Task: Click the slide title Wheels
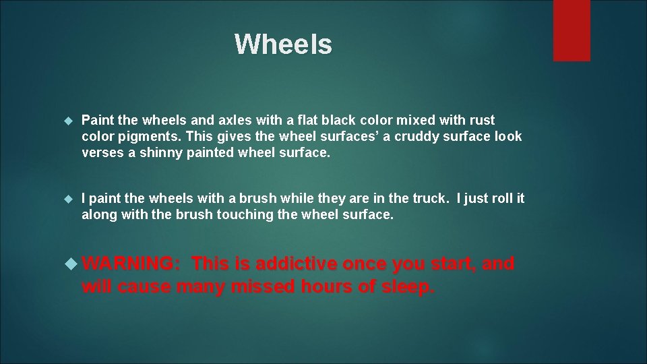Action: pyautogui.click(x=283, y=44)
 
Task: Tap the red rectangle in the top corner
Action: pyautogui.click(x=572, y=30)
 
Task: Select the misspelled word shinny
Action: pyautogui.click(x=158, y=152)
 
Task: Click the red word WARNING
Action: pyautogui.click(x=131, y=264)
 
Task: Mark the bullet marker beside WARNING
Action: pyautogui.click(x=72, y=264)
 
